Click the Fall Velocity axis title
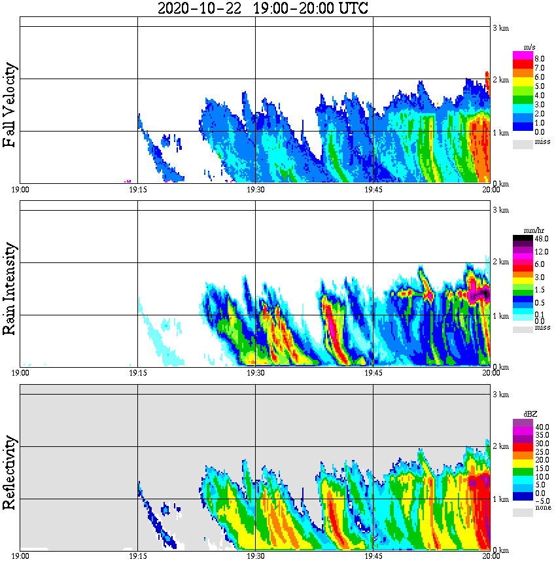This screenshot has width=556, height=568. pos(10,105)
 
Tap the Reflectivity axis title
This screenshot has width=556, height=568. pos(10,472)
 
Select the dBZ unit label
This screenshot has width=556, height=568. pos(530,414)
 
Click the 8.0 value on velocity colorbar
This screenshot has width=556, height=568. pos(540,58)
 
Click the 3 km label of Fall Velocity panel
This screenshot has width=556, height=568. pos(500,27)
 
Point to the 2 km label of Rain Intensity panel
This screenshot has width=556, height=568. pos(500,262)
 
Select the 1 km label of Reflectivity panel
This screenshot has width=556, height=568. pos(500,499)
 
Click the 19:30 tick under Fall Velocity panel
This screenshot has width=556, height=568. pos(255,190)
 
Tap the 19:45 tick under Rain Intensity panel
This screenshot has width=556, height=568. pos(373,373)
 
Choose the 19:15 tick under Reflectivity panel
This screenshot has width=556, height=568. pos(137,556)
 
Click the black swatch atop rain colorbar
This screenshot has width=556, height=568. pos(523,240)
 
